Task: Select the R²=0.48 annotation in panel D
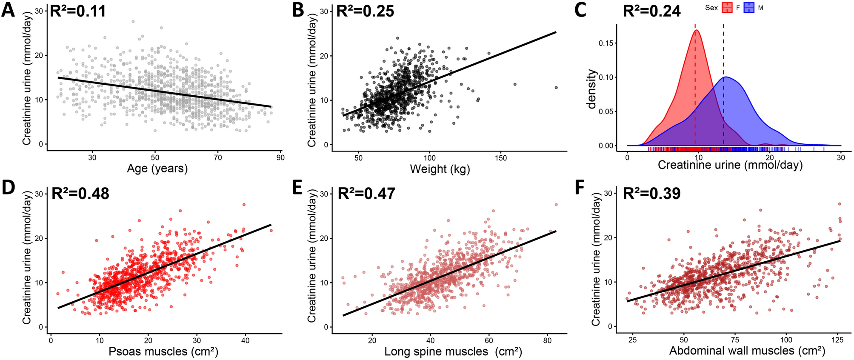click(x=80, y=194)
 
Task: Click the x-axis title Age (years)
click(x=157, y=169)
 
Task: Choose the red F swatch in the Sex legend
click(x=727, y=8)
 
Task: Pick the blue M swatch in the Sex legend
click(x=749, y=8)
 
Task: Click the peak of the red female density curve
click(x=697, y=30)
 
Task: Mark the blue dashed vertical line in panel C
click(x=723, y=85)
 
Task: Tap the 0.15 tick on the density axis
click(x=606, y=43)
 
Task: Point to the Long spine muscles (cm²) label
click(x=453, y=351)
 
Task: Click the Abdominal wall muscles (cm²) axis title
click(x=747, y=351)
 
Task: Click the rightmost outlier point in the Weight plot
click(x=556, y=88)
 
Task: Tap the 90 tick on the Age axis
click(x=280, y=158)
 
